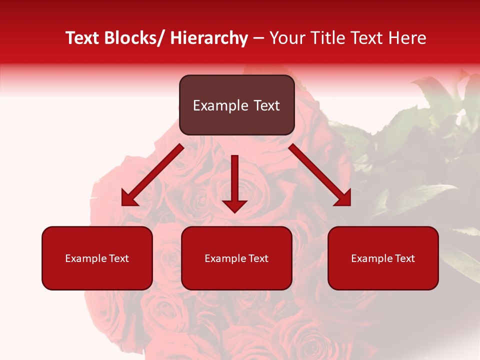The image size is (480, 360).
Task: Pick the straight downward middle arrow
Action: [x=234, y=182]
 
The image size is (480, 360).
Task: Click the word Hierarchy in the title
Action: [x=209, y=38]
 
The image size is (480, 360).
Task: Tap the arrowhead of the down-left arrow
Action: [x=129, y=199]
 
